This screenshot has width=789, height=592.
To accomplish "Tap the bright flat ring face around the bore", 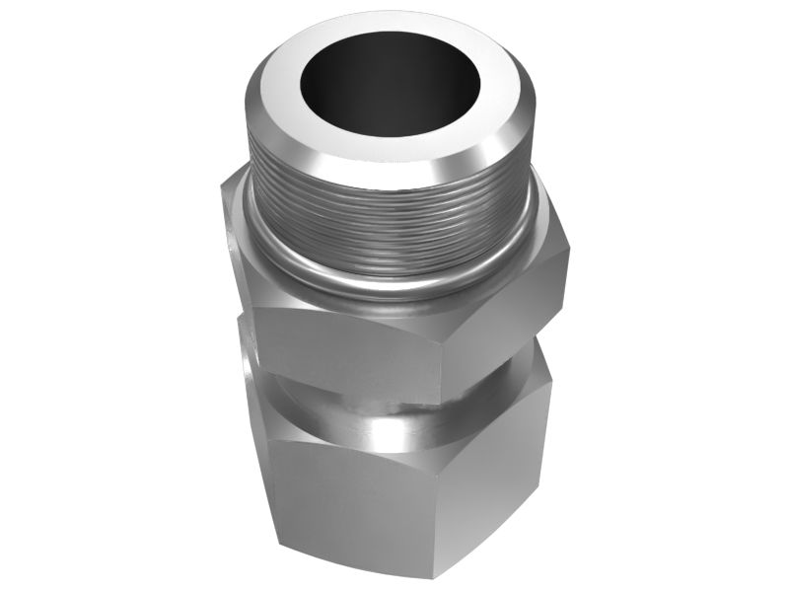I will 296,118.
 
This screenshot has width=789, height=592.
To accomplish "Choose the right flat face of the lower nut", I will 493,474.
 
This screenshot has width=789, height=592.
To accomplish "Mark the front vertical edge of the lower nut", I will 434,513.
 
